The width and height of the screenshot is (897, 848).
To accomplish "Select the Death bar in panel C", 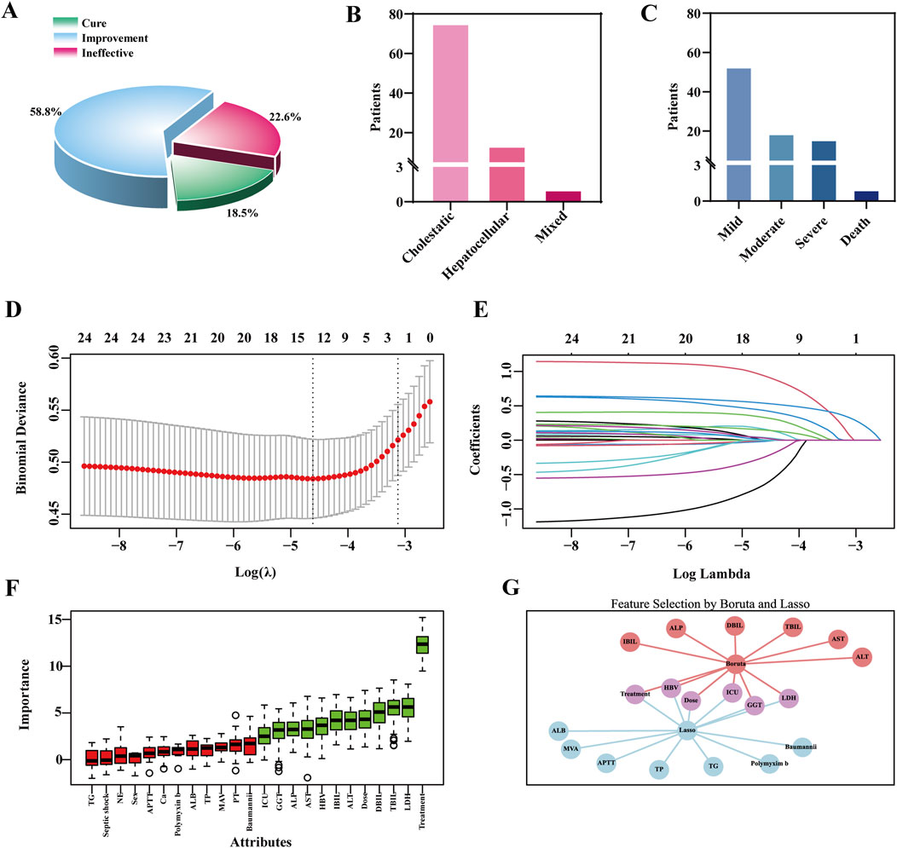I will (865, 196).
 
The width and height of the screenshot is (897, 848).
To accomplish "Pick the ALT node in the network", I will (862, 657).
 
